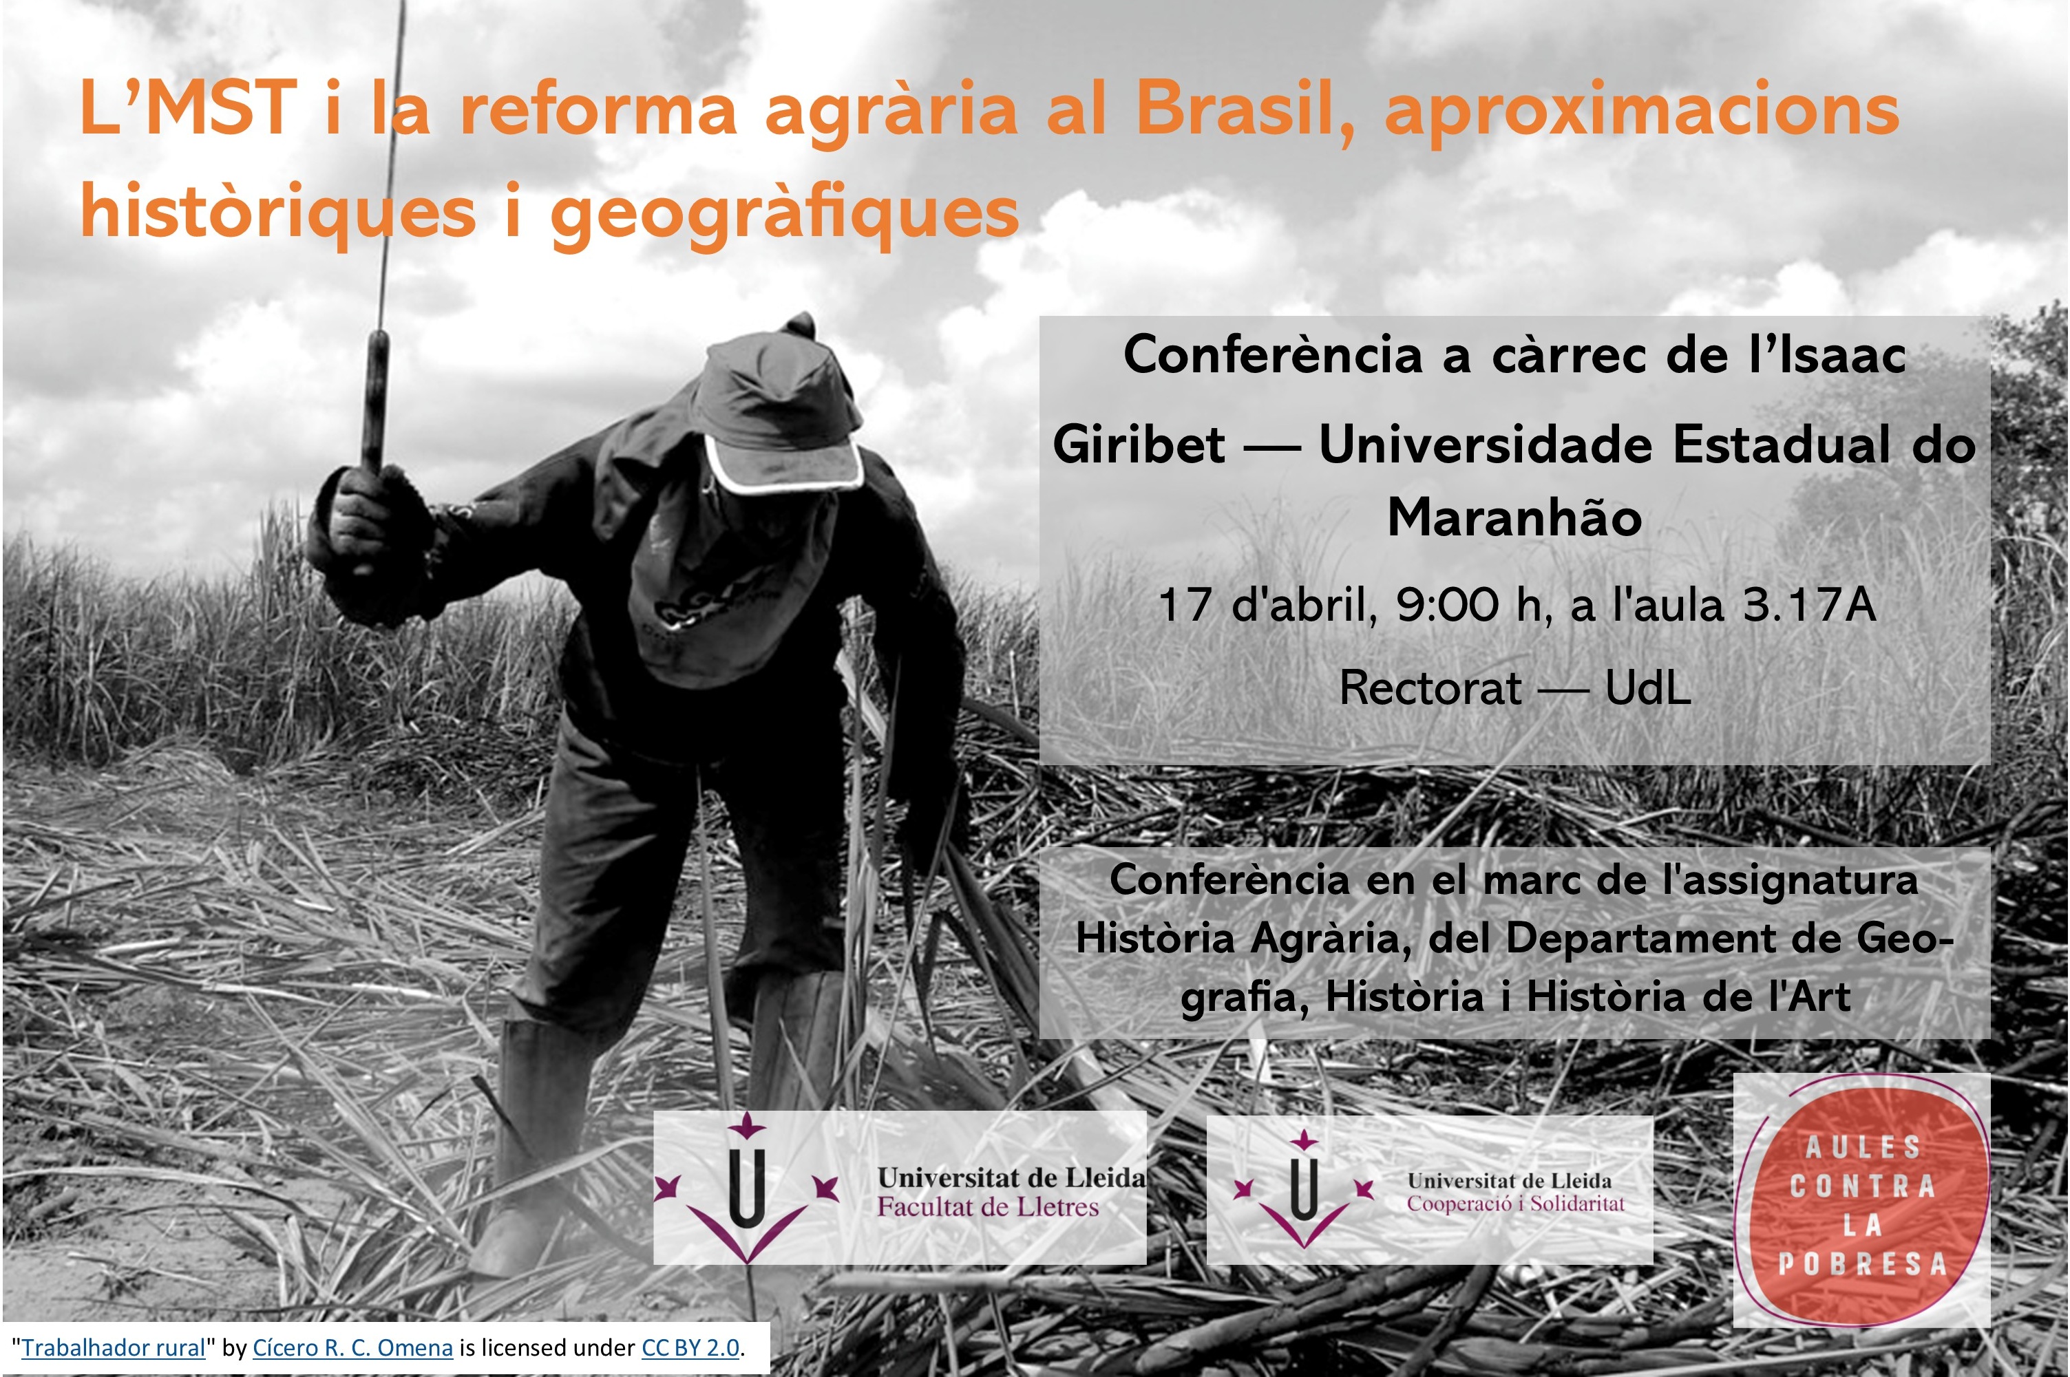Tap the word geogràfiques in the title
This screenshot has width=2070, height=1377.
(x=784, y=213)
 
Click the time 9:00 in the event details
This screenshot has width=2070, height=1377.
(x=1446, y=605)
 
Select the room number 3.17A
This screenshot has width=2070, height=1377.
(x=1809, y=605)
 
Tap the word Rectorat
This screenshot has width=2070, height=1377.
(x=1430, y=687)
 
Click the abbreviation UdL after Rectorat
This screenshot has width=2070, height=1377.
(x=1647, y=687)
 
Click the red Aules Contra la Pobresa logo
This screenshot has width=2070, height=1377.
(x=1861, y=1199)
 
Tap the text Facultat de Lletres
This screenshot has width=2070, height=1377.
(x=988, y=1206)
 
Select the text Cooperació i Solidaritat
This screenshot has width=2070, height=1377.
(x=1516, y=1203)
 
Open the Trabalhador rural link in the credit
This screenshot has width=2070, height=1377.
(x=114, y=1348)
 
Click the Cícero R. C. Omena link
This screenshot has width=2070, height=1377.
(x=353, y=1348)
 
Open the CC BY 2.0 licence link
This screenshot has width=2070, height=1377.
(x=691, y=1348)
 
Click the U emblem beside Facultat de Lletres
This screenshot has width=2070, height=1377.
(x=746, y=1190)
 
